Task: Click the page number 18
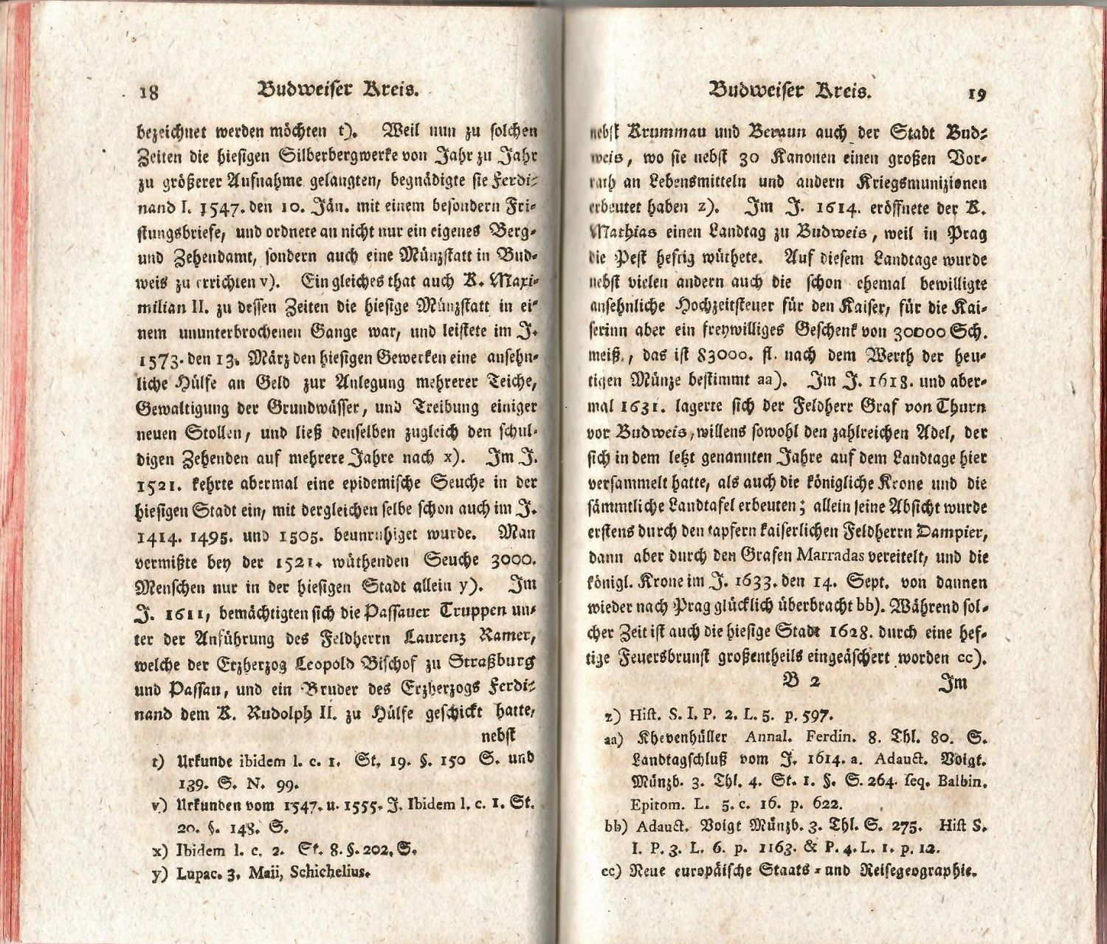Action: tap(150, 92)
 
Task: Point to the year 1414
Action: tap(159, 534)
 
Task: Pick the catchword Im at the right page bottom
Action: tap(952, 683)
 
